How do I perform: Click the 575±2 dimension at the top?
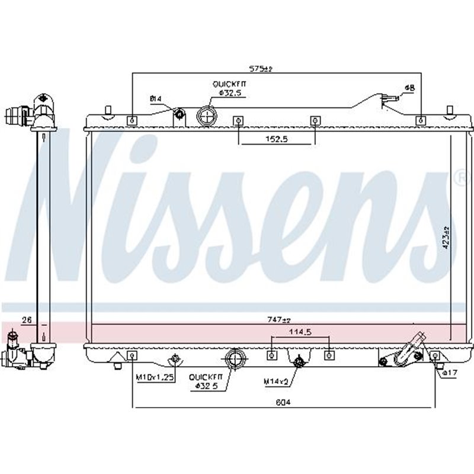260,69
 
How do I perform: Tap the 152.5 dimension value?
277,140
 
